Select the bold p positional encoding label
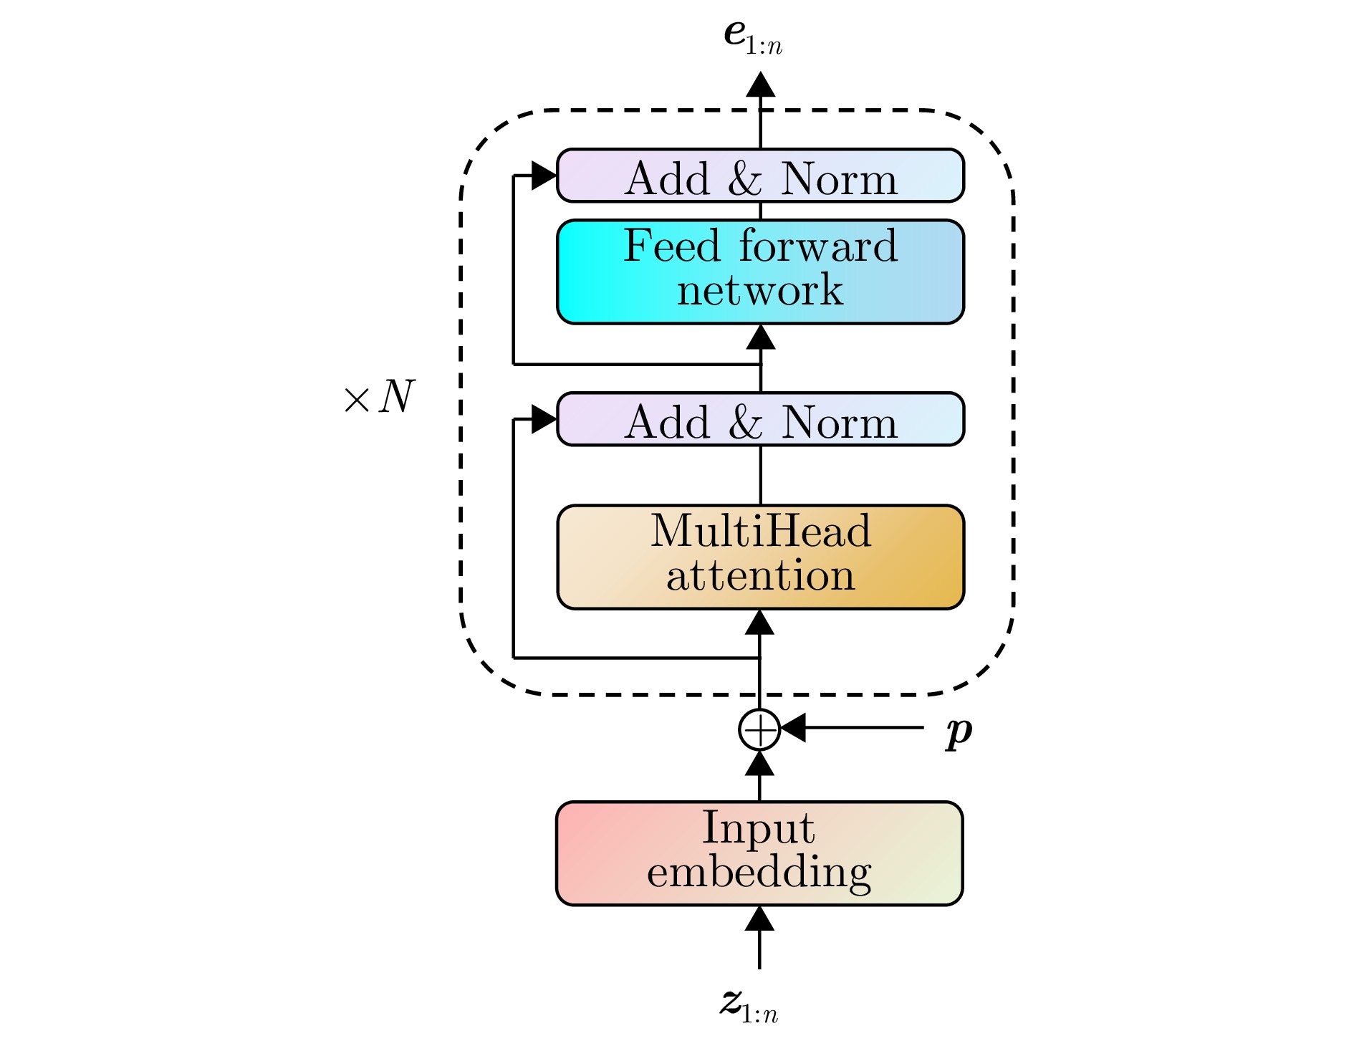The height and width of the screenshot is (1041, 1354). click(959, 731)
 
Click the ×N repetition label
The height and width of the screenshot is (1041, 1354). click(379, 397)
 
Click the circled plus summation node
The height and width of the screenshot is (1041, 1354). click(759, 729)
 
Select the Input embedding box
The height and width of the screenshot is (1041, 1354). click(759, 853)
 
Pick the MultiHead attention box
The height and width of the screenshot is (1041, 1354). click(760, 557)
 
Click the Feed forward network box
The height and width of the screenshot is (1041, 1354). click(760, 272)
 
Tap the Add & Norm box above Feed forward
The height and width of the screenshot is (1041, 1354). click(760, 176)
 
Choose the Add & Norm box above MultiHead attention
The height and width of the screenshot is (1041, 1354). click(760, 419)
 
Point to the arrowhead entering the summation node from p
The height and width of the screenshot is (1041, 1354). click(792, 728)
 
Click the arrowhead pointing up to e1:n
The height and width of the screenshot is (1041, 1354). click(761, 84)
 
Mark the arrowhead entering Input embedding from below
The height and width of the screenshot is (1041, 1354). click(759, 918)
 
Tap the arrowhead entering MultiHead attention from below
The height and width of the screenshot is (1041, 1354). click(759, 622)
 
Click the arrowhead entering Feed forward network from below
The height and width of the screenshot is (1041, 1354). click(761, 337)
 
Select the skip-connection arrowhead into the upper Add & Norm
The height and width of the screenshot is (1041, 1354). click(544, 175)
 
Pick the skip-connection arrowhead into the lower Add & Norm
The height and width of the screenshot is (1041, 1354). click(544, 419)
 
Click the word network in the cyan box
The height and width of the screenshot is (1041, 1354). click(760, 290)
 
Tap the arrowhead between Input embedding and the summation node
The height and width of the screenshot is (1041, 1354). click(759, 763)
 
